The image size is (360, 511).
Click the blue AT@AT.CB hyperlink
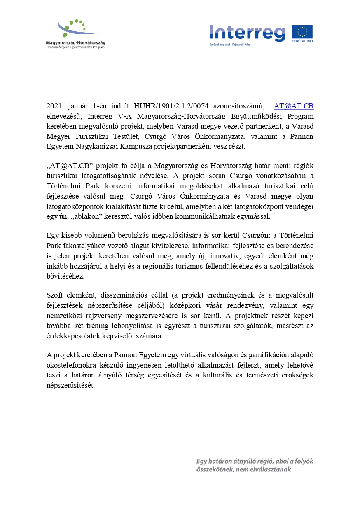pyautogui.click(x=294, y=106)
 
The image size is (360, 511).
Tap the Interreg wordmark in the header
pyautogui.click(x=247, y=33)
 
